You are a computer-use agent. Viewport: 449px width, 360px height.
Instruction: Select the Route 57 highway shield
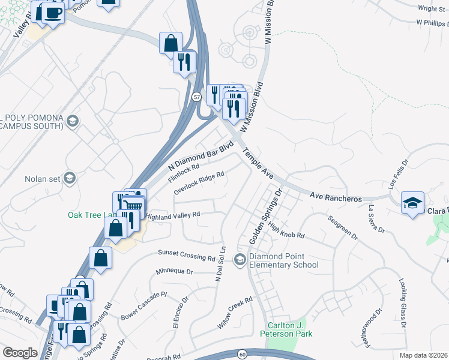coord(196,96)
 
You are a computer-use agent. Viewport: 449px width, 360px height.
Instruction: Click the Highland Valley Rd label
coord(172,215)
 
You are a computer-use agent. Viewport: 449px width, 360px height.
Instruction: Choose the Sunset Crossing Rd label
coord(186,255)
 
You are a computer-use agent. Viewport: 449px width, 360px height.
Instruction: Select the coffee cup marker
coord(53,12)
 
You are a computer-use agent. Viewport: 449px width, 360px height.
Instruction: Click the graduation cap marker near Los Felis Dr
coord(412,203)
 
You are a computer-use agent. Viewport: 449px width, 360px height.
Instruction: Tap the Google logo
coord(20,353)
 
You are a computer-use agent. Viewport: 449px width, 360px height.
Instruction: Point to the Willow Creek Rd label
coord(234,314)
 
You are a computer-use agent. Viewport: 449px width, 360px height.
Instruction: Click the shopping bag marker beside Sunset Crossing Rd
coord(101,258)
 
